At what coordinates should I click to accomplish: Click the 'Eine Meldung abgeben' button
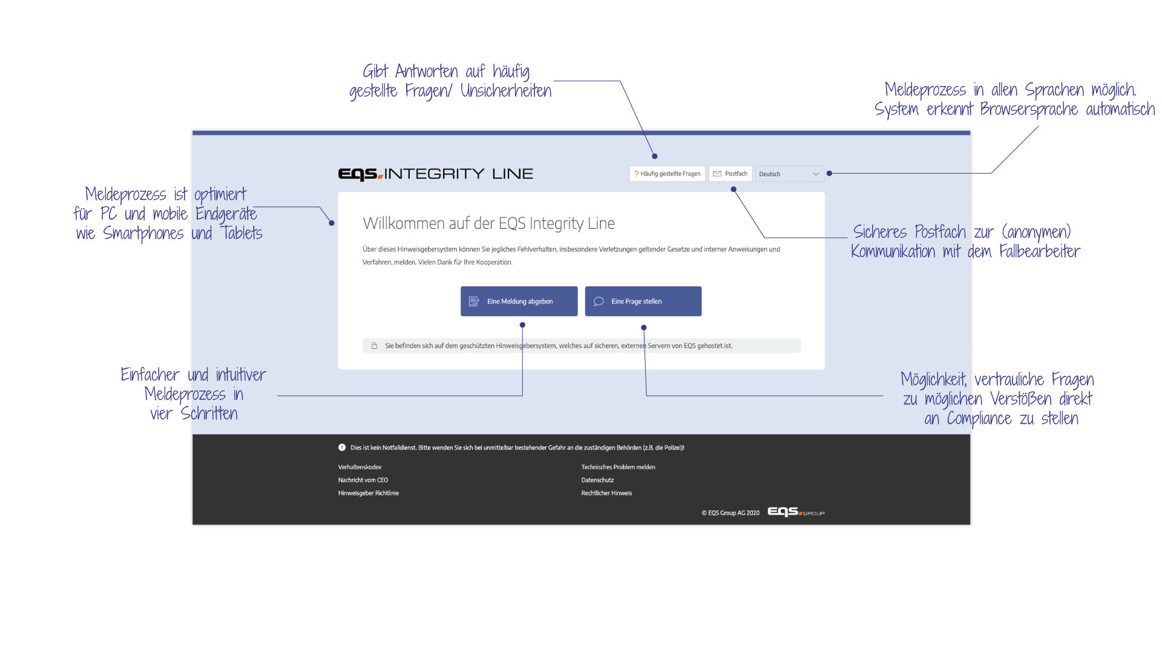click(x=519, y=301)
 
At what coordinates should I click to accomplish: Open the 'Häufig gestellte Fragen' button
click(x=667, y=174)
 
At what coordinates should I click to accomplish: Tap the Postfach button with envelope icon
click(x=730, y=174)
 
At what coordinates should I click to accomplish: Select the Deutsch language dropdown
click(x=789, y=174)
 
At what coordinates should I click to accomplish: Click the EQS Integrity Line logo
click(x=435, y=174)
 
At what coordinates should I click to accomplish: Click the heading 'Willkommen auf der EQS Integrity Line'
click(x=488, y=223)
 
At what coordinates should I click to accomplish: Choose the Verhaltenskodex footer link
click(x=359, y=467)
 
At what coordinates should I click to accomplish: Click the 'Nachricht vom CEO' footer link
click(x=363, y=480)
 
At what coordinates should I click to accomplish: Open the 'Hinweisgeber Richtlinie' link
click(x=368, y=493)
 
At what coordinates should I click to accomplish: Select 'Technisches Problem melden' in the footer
click(x=618, y=467)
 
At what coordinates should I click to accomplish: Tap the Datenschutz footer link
click(x=597, y=480)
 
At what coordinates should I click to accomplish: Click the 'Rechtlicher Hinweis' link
click(x=606, y=493)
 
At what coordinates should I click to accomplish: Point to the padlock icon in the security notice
click(x=374, y=346)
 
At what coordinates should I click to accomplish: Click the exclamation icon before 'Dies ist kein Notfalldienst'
click(x=342, y=448)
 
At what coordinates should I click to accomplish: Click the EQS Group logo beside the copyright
click(x=795, y=512)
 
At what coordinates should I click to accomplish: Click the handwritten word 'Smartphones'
click(x=143, y=234)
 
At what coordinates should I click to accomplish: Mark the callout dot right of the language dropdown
click(x=829, y=173)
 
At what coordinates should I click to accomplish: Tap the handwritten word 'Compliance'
click(x=979, y=419)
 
